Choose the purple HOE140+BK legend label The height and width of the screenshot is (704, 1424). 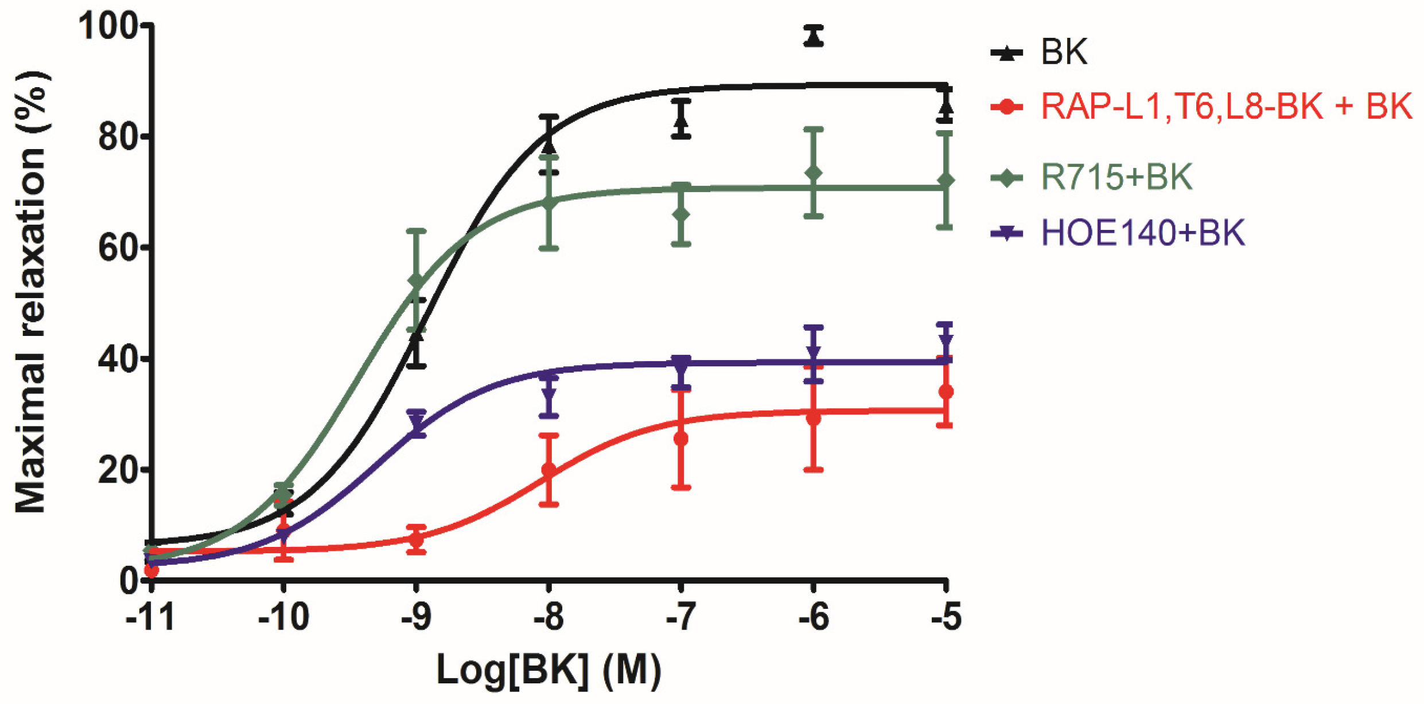point(1142,233)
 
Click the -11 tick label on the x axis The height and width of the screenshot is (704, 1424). point(150,618)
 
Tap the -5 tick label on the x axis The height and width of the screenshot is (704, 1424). point(946,618)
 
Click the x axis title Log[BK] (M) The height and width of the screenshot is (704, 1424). point(548,669)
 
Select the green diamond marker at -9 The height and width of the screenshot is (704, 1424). point(417,283)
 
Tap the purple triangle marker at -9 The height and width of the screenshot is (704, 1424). point(417,425)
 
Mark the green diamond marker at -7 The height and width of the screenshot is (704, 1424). point(681,215)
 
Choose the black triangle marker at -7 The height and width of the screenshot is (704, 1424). point(681,120)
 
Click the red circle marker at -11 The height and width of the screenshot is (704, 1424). point(151,570)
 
